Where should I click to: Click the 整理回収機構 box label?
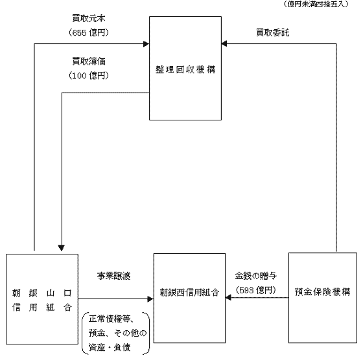click(x=185, y=69)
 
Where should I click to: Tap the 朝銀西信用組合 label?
click(x=189, y=293)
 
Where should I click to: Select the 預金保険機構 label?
click(x=323, y=292)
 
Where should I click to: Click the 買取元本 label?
click(x=89, y=19)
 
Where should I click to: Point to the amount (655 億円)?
click(x=89, y=32)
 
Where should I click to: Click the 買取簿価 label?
click(x=89, y=62)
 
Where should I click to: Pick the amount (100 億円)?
click(x=89, y=75)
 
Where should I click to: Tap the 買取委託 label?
click(x=273, y=32)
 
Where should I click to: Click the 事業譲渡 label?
click(x=113, y=276)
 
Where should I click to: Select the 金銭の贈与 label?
click(x=256, y=276)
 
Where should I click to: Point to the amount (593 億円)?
click(x=256, y=290)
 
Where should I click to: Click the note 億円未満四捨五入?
click(x=316, y=4)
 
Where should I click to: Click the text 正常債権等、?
click(x=111, y=319)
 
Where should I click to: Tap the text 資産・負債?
click(x=110, y=347)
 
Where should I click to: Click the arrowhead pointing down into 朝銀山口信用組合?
click(x=62, y=248)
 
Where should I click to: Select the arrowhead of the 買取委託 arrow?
click(x=224, y=43)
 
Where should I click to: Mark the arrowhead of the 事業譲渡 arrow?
click(x=150, y=299)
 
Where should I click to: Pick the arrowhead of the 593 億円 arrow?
click(x=228, y=298)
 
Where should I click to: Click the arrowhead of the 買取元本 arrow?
click(x=146, y=43)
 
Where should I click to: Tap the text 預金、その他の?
click(x=117, y=333)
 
